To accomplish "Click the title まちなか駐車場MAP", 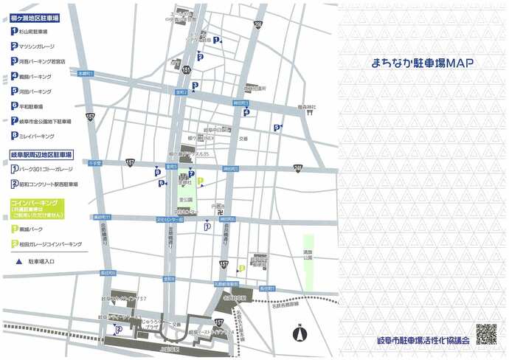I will (x=423, y=63).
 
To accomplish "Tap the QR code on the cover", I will (x=485, y=334).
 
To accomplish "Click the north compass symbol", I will (x=300, y=333).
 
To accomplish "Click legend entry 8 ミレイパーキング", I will (x=33, y=136).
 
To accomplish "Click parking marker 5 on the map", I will (x=277, y=127).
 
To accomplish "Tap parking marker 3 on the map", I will (x=194, y=86).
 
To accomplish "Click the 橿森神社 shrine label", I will (x=307, y=107).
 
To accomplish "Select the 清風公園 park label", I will (x=308, y=255).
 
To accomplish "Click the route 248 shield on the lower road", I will (x=297, y=168).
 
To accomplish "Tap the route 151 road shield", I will (x=187, y=69).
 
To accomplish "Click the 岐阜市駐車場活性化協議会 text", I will (x=423, y=341).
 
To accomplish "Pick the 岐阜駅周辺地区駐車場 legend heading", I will (x=41, y=156).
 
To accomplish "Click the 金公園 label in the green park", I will (x=186, y=199).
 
